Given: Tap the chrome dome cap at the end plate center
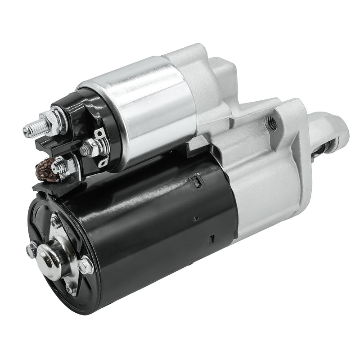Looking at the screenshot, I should point(49,256).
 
